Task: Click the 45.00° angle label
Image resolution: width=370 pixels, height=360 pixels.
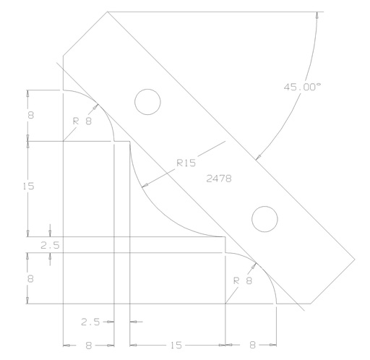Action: (x=302, y=87)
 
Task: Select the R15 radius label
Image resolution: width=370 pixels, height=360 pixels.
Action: (x=186, y=163)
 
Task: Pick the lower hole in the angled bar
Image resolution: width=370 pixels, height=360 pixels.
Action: (x=264, y=218)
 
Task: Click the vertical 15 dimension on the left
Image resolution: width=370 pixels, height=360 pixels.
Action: (x=29, y=187)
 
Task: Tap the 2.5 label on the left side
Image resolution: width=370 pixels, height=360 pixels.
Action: (x=49, y=246)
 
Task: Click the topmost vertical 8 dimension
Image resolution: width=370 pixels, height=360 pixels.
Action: (x=29, y=115)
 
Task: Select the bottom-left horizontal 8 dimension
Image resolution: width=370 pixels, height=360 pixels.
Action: (x=88, y=345)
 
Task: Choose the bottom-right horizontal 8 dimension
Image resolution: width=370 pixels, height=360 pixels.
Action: (x=251, y=345)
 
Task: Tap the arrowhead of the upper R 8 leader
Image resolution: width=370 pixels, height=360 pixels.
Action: (x=96, y=108)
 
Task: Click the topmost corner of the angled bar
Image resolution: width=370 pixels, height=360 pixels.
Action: (x=107, y=12)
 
